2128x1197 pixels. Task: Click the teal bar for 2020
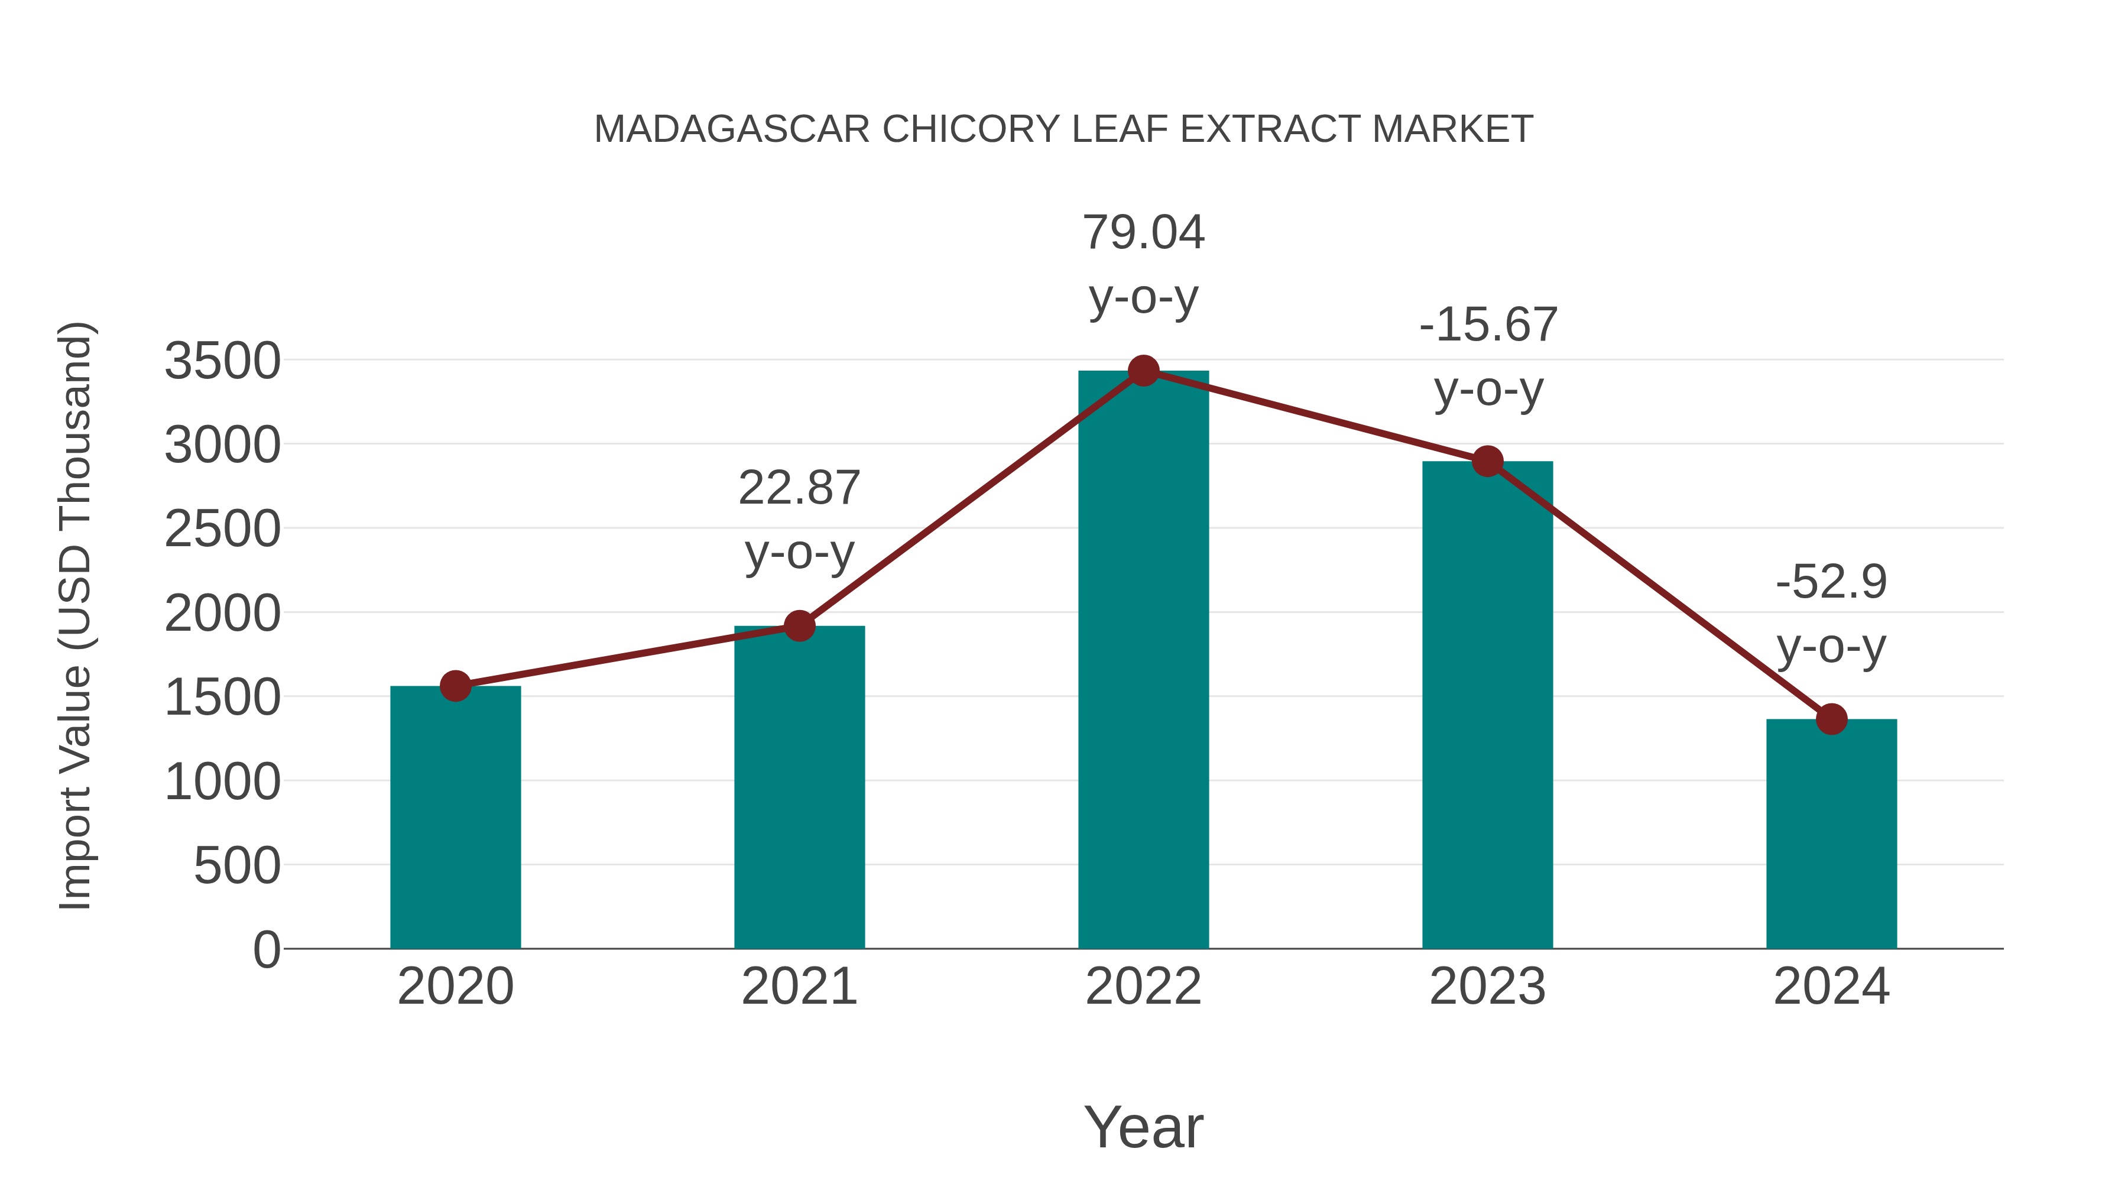tap(455, 818)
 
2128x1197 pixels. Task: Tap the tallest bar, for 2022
tap(1143, 661)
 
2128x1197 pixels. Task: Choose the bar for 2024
tap(1831, 834)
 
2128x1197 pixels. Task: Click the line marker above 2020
tap(455, 686)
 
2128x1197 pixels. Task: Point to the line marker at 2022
tap(1143, 371)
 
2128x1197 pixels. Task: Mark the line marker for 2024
tap(1831, 719)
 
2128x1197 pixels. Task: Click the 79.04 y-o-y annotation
tap(1143, 264)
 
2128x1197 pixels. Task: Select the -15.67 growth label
tap(1488, 357)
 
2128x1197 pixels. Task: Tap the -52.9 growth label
tap(1831, 614)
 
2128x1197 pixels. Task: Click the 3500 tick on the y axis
tap(222, 361)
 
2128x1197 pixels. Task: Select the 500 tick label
tap(237, 866)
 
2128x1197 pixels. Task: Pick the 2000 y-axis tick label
tap(222, 614)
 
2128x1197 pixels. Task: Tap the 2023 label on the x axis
tap(1487, 987)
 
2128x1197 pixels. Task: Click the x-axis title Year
tap(1143, 1127)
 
